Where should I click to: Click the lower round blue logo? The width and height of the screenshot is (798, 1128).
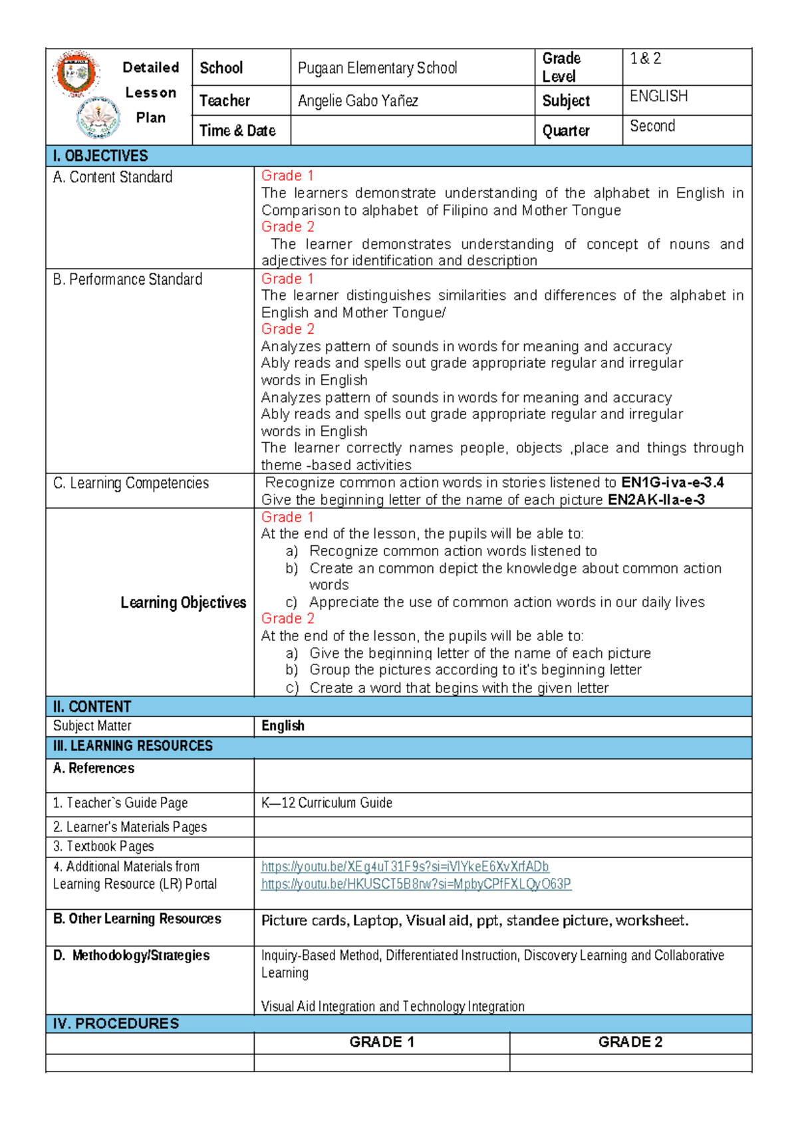pyautogui.click(x=98, y=118)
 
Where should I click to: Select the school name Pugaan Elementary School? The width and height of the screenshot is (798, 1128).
pyautogui.click(x=377, y=68)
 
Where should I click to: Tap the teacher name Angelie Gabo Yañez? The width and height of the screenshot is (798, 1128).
pyautogui.click(x=358, y=101)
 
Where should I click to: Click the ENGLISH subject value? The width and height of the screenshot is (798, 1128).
pyautogui.click(x=658, y=96)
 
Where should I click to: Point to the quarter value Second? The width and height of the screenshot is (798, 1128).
pyautogui.click(x=652, y=126)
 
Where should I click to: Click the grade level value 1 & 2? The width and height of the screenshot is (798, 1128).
pyautogui.click(x=645, y=59)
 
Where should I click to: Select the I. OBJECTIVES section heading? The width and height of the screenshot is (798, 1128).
pyautogui.click(x=100, y=156)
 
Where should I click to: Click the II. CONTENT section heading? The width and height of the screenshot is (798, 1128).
pyautogui.click(x=92, y=706)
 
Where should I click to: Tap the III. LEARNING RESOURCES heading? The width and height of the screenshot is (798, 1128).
pyautogui.click(x=132, y=746)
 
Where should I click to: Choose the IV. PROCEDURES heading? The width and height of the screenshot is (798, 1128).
pyautogui.click(x=116, y=1024)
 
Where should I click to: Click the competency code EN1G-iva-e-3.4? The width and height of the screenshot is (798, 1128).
pyautogui.click(x=672, y=482)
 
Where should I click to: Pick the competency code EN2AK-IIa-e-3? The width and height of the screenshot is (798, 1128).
pyautogui.click(x=656, y=499)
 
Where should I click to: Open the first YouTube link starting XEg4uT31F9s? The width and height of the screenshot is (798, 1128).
pyautogui.click(x=405, y=867)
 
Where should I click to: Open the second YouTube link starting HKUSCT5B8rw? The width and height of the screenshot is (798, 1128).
pyautogui.click(x=416, y=884)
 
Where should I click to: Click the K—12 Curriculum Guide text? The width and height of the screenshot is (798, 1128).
pyautogui.click(x=327, y=803)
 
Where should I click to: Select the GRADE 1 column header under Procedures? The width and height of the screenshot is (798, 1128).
pyautogui.click(x=382, y=1042)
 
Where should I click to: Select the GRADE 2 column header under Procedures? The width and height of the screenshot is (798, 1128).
pyautogui.click(x=630, y=1042)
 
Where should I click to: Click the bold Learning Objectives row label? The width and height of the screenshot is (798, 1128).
pyautogui.click(x=183, y=603)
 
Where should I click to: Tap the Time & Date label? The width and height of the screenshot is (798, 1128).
pyautogui.click(x=237, y=131)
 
